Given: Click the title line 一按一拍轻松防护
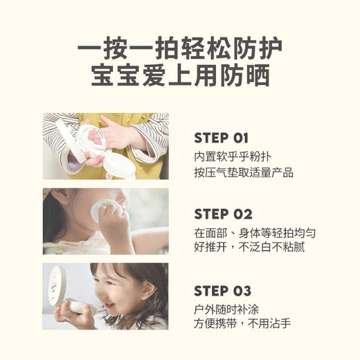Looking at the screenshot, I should tap(180, 50).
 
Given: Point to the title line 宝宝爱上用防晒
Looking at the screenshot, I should tap(180, 75).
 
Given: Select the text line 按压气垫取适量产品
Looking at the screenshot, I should tap(244, 172).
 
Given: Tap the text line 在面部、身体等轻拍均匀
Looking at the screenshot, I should tap(255, 233).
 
